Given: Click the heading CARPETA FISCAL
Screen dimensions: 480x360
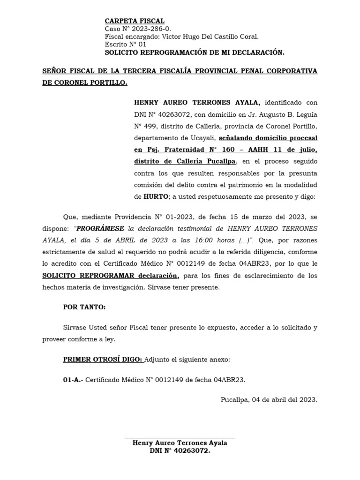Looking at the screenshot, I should pos(135,21).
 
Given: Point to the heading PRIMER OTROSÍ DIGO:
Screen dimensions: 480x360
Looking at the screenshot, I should pos(103,360).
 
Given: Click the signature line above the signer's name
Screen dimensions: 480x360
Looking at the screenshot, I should pos(180,438).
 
